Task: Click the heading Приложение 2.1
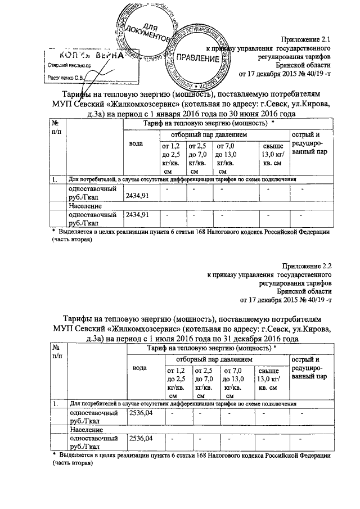point(307,40)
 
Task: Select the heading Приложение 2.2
point(307,264)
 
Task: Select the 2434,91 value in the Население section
point(137,214)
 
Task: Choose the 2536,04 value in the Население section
point(141,438)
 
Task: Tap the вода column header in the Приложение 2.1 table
point(136,143)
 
